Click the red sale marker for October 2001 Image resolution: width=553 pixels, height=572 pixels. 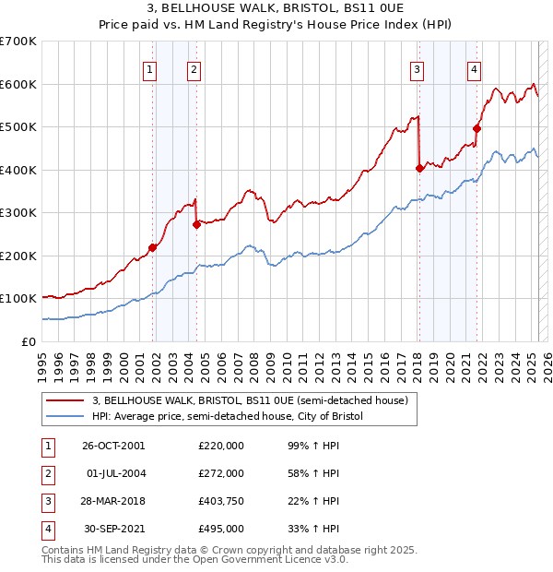coord(153,247)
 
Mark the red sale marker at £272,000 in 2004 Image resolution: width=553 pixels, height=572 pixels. coord(196,224)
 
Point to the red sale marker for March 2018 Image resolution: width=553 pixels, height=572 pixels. coord(419,168)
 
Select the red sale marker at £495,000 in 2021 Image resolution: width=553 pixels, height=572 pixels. coord(477,129)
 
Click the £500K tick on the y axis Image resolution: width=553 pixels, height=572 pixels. coord(18,126)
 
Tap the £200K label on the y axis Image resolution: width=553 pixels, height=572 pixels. coord(18,256)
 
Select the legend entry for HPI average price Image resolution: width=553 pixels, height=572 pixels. coord(228,416)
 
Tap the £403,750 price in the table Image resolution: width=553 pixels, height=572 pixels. coord(221,502)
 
